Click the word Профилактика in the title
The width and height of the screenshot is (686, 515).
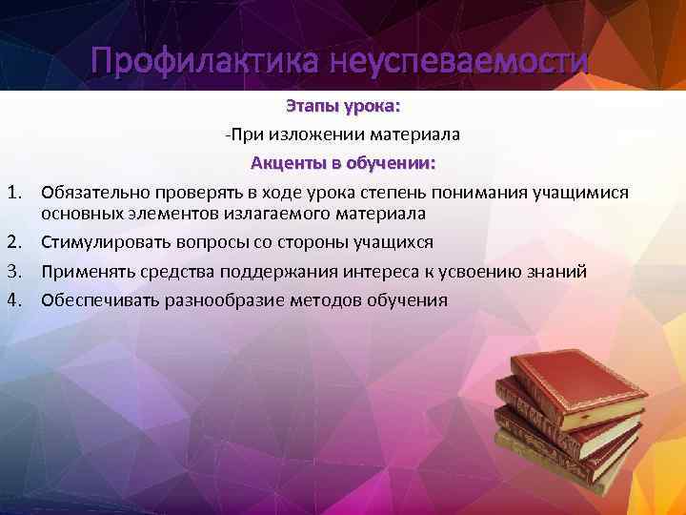click(x=206, y=63)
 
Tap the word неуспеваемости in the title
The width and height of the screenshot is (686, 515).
click(x=460, y=63)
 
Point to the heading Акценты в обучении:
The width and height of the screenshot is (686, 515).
click(x=343, y=163)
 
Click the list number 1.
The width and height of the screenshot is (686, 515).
click(x=14, y=193)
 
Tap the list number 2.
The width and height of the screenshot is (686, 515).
click(x=14, y=242)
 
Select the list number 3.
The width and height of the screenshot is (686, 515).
click(x=14, y=272)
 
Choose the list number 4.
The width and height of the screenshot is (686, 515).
click(x=14, y=300)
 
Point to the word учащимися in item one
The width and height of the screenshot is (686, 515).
click(x=579, y=193)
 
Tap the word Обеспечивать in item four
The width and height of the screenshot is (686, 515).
click(x=99, y=300)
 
